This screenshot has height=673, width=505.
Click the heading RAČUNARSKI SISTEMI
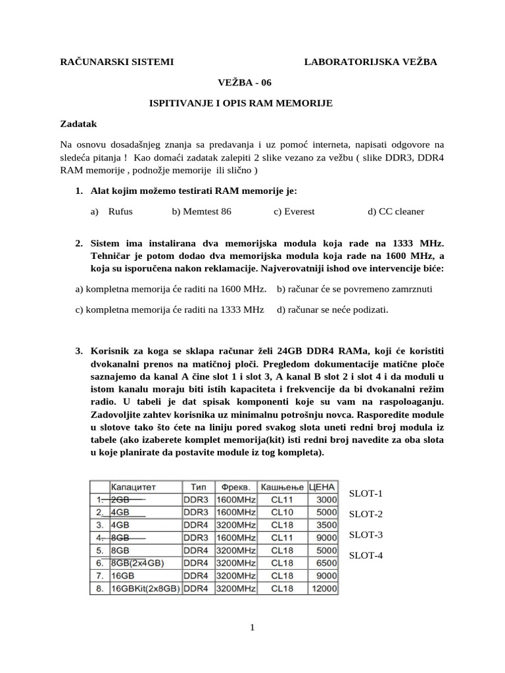click(x=117, y=62)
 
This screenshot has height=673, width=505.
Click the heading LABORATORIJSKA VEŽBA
click(x=370, y=62)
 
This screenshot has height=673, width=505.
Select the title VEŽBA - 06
click(x=244, y=82)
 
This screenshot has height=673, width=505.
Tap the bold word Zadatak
click(x=79, y=123)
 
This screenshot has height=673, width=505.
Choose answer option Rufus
click(x=120, y=212)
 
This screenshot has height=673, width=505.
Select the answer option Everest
click(x=299, y=212)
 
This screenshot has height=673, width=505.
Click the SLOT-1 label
click(x=366, y=494)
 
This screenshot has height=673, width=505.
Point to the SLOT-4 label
click(x=366, y=555)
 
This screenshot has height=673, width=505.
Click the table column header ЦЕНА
click(x=322, y=487)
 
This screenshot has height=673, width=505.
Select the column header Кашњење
click(x=283, y=487)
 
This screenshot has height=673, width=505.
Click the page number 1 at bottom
click(x=252, y=628)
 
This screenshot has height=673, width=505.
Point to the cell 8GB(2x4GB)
click(x=138, y=563)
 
